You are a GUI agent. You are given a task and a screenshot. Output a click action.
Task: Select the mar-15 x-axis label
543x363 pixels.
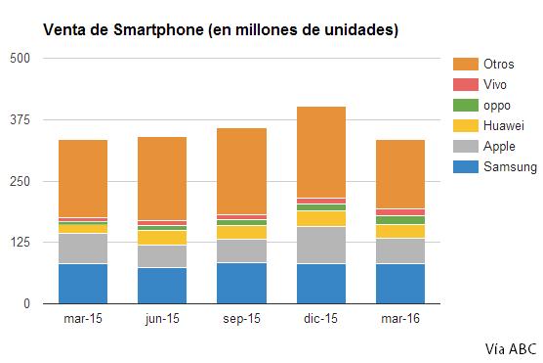click(82, 319)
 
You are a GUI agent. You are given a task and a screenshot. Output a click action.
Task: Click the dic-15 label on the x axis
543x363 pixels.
click(322, 319)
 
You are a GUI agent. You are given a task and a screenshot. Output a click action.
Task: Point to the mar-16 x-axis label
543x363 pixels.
click(400, 319)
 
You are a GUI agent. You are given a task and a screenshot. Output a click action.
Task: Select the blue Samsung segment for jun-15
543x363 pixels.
click(162, 285)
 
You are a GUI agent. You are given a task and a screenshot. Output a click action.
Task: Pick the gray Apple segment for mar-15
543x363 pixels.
click(82, 249)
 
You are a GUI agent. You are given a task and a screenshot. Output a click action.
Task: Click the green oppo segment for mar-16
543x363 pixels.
click(400, 220)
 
